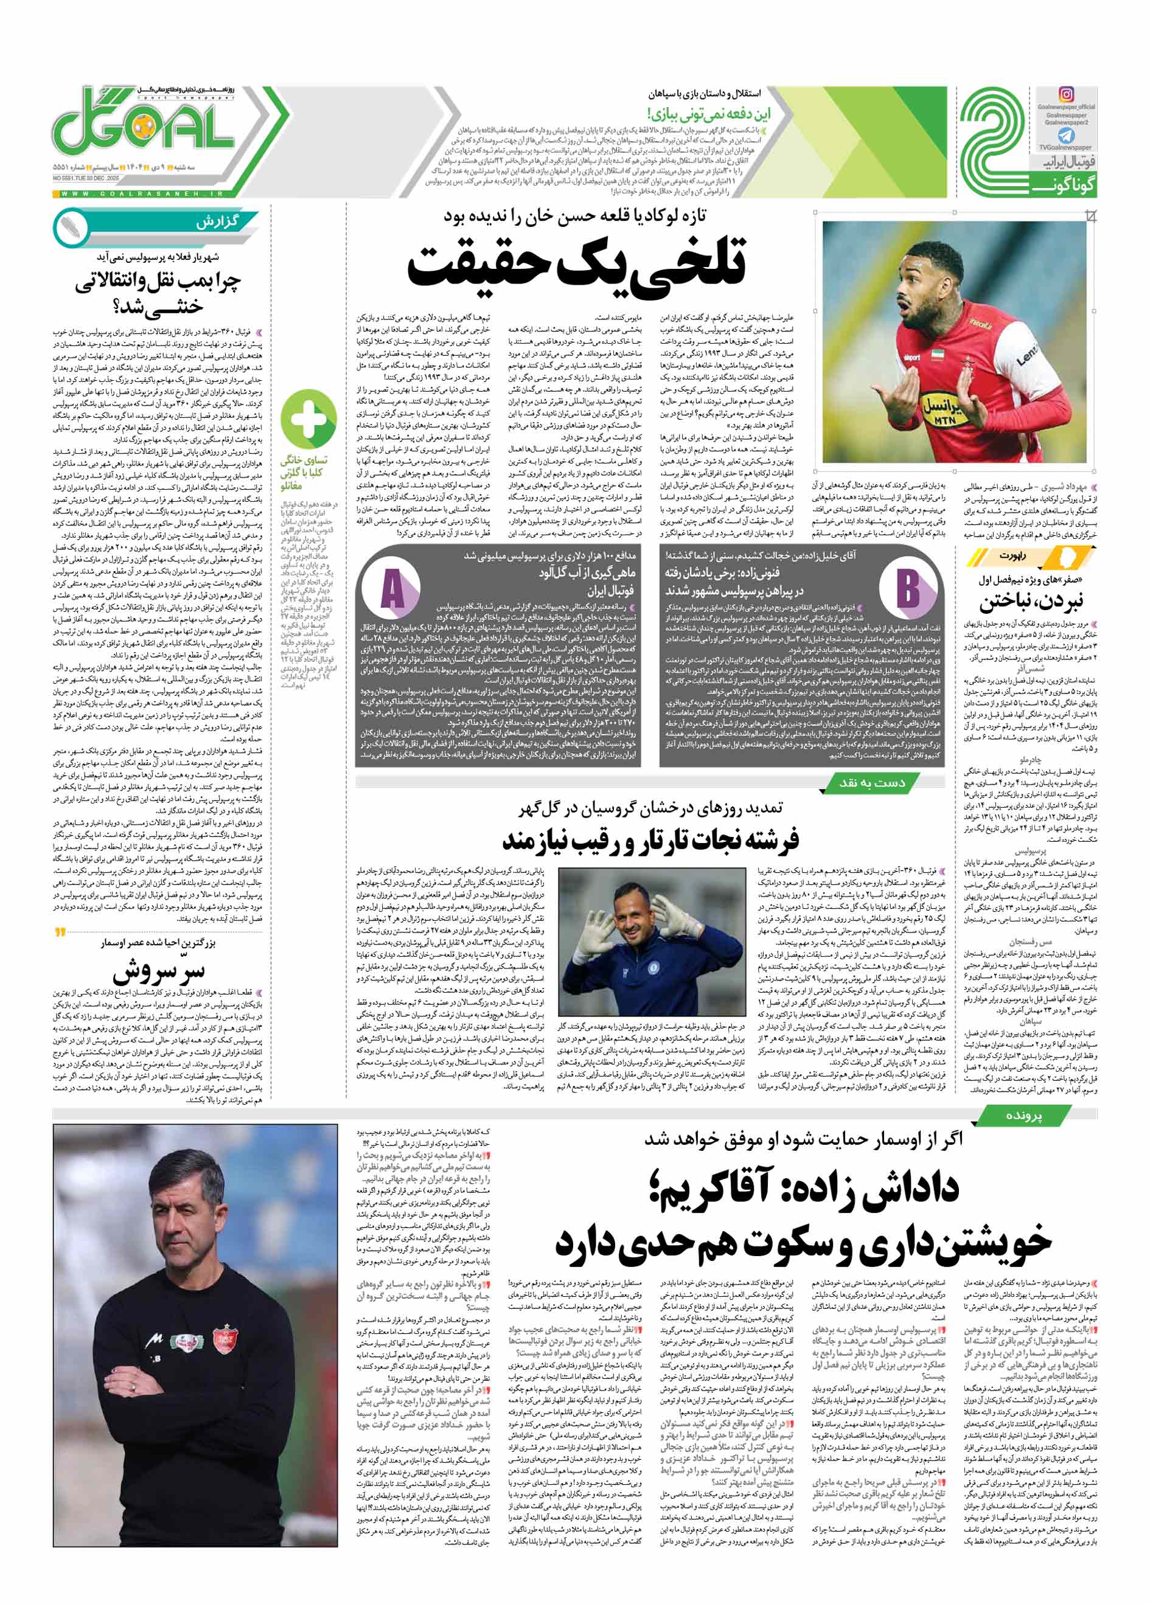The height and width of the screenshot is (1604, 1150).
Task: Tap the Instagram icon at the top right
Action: (x=1065, y=94)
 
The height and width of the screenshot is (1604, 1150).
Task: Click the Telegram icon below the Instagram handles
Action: (x=1065, y=136)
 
